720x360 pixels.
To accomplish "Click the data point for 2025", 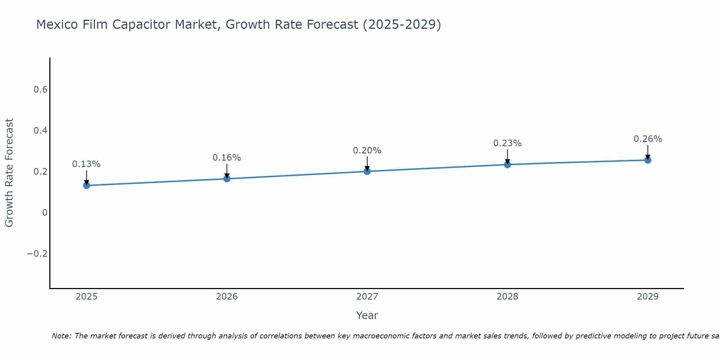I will pyautogui.click(x=86, y=185).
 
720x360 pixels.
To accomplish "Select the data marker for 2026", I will pyautogui.click(x=227, y=179).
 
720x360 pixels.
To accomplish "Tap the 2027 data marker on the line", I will pyautogui.click(x=367, y=171).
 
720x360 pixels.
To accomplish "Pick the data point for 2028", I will pyautogui.click(x=508, y=165).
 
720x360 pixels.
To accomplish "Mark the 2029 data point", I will pyautogui.click(x=648, y=160).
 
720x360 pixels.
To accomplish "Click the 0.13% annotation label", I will pyautogui.click(x=86, y=164).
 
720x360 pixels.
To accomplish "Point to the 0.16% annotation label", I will pyautogui.click(x=227, y=158).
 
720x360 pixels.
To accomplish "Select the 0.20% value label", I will pyautogui.click(x=367, y=150).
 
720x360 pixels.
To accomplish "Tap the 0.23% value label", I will pyautogui.click(x=508, y=143).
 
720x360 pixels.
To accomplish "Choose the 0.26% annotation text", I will pyautogui.click(x=648, y=139).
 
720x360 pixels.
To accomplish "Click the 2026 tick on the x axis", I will pyautogui.click(x=227, y=297).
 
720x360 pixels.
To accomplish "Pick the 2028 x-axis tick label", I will pyautogui.click(x=508, y=297).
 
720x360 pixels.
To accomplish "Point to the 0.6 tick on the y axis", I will pyautogui.click(x=41, y=90).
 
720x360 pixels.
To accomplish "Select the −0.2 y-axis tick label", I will pyautogui.click(x=37, y=254).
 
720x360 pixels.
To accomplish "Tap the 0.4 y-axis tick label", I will pyautogui.click(x=41, y=131).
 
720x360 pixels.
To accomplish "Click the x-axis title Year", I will pyautogui.click(x=367, y=315).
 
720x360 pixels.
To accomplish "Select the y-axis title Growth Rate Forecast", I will pyautogui.click(x=9, y=173).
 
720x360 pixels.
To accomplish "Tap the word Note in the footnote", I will pyautogui.click(x=61, y=336).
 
